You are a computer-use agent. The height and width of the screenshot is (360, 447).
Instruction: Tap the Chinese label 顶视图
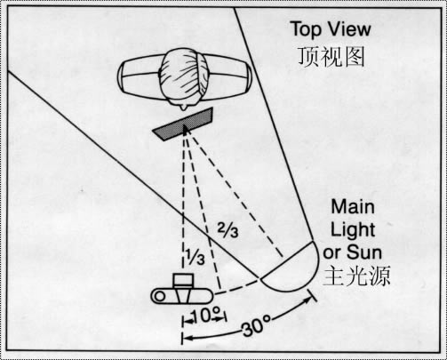331,57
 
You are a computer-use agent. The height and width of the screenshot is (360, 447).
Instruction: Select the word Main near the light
353,206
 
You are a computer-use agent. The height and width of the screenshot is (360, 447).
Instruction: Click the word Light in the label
353,229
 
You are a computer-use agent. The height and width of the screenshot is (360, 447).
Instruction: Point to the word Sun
364,252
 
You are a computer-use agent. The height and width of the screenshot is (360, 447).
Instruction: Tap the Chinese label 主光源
356,276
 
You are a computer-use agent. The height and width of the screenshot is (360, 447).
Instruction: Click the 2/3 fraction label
227,230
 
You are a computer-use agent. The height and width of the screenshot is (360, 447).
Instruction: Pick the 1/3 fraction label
196,257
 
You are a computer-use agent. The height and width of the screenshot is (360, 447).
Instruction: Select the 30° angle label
257,325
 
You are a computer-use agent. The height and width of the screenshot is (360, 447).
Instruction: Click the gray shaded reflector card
183,124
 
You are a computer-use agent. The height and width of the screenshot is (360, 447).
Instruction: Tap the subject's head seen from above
184,78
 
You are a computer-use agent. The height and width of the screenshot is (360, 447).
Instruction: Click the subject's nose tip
185,108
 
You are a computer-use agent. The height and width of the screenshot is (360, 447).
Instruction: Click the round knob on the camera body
160,296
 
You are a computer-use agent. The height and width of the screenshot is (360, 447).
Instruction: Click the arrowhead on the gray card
186,129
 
